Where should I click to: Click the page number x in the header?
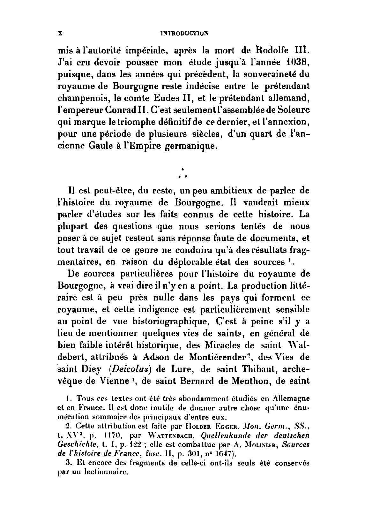click(x=60, y=32)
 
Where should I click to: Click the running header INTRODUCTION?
click(x=184, y=32)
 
